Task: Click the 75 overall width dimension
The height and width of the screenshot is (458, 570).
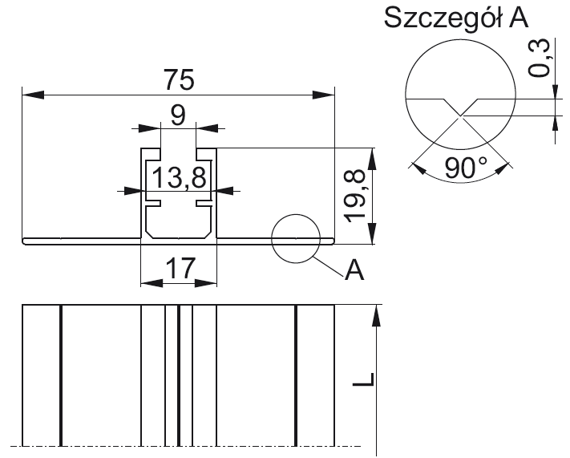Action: point(177,80)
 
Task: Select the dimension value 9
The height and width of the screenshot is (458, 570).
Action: point(178,114)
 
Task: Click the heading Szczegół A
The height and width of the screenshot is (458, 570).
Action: point(456,19)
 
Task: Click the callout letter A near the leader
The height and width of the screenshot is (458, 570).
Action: point(354,272)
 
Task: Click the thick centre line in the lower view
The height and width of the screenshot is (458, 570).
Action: point(179,374)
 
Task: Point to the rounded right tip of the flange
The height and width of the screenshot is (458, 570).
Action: point(333,241)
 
